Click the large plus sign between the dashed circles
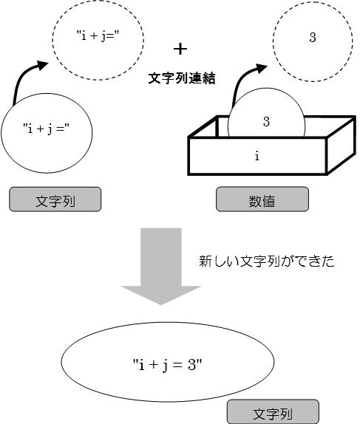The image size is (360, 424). [180, 49]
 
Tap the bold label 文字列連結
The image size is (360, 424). [182, 78]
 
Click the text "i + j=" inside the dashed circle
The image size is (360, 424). [98, 35]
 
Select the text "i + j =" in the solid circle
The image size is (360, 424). [47, 129]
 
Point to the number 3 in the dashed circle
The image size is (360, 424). [313, 38]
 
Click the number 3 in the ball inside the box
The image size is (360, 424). [266, 122]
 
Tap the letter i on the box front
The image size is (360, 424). [257, 156]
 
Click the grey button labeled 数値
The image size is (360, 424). [262, 199]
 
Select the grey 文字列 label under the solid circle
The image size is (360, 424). [55, 199]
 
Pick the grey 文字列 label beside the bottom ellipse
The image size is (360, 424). [273, 411]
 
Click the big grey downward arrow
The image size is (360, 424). [161, 267]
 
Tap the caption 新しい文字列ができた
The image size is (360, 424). [267, 261]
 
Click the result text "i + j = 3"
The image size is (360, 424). [168, 365]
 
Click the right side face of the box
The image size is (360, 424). [341, 146]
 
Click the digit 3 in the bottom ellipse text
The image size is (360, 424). [191, 365]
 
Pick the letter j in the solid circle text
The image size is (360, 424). [50, 129]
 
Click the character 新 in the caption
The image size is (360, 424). [206, 261]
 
